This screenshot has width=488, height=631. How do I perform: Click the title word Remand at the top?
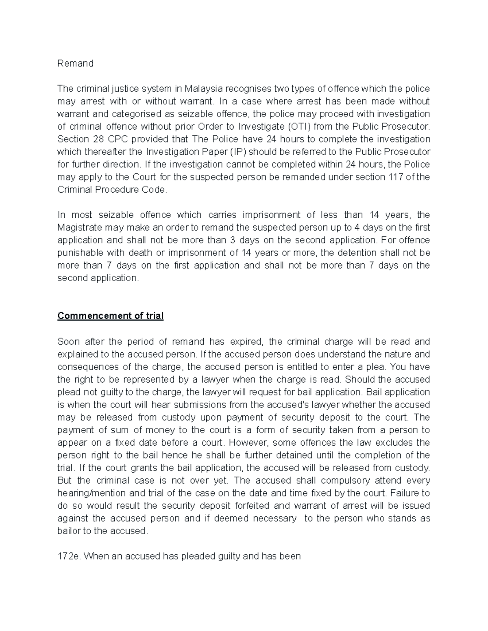point(75,63)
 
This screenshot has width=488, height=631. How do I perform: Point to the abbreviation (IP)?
point(238,152)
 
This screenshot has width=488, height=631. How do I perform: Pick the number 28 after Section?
point(98,139)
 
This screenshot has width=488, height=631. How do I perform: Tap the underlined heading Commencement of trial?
point(110,316)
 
